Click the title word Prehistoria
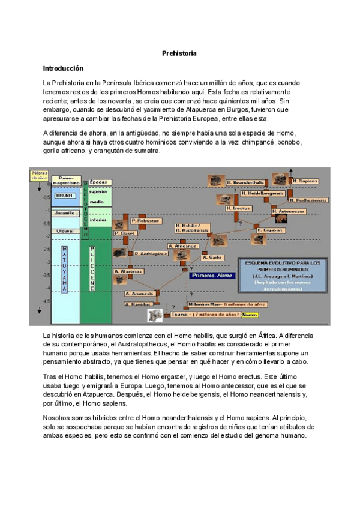click(x=179, y=53)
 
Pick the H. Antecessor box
click(x=289, y=212)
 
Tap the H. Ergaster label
click(x=271, y=230)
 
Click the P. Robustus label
click(x=144, y=221)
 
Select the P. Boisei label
click(x=127, y=233)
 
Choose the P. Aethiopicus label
click(x=151, y=254)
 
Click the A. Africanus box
click(x=183, y=246)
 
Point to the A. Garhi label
click(x=214, y=257)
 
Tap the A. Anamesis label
click(x=141, y=294)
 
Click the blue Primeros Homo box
click(x=211, y=276)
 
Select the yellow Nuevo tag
click(x=250, y=315)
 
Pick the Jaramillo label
click(x=64, y=213)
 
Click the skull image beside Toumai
click(x=155, y=314)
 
